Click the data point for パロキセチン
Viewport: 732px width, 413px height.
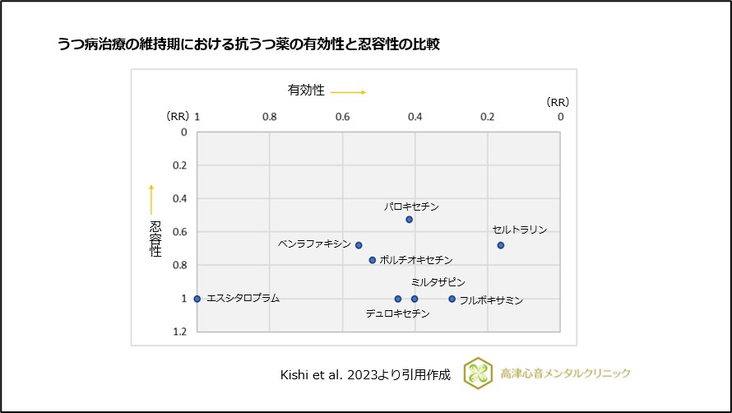410,220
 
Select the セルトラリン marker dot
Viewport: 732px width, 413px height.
500,245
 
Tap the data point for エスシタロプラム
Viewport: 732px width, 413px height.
197,299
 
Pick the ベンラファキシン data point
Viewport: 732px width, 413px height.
359,245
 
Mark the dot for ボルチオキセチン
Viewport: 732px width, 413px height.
372,260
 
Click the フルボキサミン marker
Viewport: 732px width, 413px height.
452,299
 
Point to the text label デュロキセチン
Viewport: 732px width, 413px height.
397,313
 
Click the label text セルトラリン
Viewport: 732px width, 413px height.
519,230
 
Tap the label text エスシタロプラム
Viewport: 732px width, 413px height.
243,299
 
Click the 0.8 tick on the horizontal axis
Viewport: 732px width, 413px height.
269,117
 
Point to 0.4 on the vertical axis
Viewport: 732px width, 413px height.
179,198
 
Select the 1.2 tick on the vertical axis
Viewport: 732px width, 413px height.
179,332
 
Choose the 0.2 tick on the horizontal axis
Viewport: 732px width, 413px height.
488,117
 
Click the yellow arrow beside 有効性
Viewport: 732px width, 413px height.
348,92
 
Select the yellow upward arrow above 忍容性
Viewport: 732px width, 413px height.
151,199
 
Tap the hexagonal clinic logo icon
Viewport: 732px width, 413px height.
478,373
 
